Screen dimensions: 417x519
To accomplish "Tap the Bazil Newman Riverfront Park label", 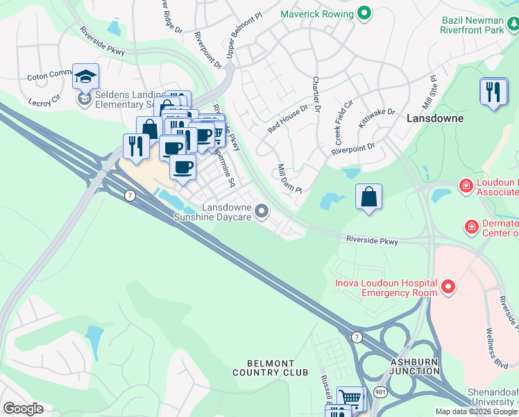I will [479, 26].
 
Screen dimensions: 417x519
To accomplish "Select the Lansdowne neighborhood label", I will [434, 119].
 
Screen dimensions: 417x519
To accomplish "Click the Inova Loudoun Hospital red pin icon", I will [448, 286].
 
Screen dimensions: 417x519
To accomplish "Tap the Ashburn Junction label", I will [415, 366].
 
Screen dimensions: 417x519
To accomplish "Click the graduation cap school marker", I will [85, 76].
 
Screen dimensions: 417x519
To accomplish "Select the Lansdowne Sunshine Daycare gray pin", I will [262, 210].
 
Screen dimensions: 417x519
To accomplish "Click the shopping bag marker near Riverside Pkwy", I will [369, 197].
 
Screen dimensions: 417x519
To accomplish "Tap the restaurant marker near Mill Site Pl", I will [493, 92].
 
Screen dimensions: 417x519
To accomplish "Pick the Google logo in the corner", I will [22, 409].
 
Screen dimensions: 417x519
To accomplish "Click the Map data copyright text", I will [476, 411].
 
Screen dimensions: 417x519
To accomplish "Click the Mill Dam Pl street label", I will [289, 179].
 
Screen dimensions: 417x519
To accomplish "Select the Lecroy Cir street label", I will [44, 99].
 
